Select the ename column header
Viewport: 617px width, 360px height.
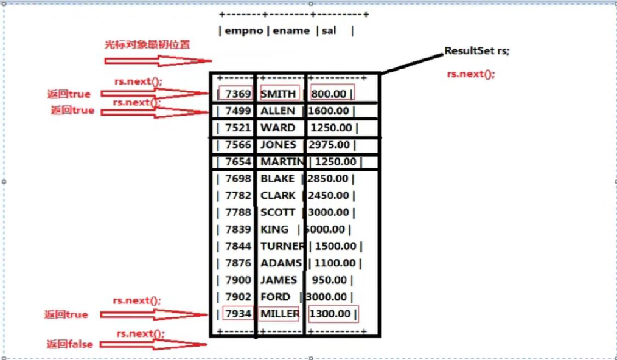click(x=291, y=30)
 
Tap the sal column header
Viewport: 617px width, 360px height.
click(x=329, y=30)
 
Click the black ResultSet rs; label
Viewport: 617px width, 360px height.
click(x=477, y=51)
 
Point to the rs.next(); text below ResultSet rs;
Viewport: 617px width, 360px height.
click(x=471, y=74)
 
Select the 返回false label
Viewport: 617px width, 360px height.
click(x=70, y=344)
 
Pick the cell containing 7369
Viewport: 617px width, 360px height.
click(x=238, y=94)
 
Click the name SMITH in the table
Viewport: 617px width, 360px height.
click(x=278, y=94)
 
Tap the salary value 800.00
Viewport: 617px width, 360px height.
click(x=332, y=94)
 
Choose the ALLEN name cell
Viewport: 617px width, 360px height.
click(x=277, y=111)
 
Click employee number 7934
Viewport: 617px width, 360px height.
click(x=237, y=314)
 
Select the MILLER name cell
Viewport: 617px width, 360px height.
click(x=280, y=314)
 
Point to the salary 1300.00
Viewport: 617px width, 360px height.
click(x=332, y=314)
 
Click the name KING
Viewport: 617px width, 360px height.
click(x=274, y=229)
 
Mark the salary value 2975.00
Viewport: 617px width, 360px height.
click(x=329, y=145)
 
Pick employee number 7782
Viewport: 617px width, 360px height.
click(x=238, y=196)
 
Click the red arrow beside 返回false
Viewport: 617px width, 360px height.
click(x=152, y=344)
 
